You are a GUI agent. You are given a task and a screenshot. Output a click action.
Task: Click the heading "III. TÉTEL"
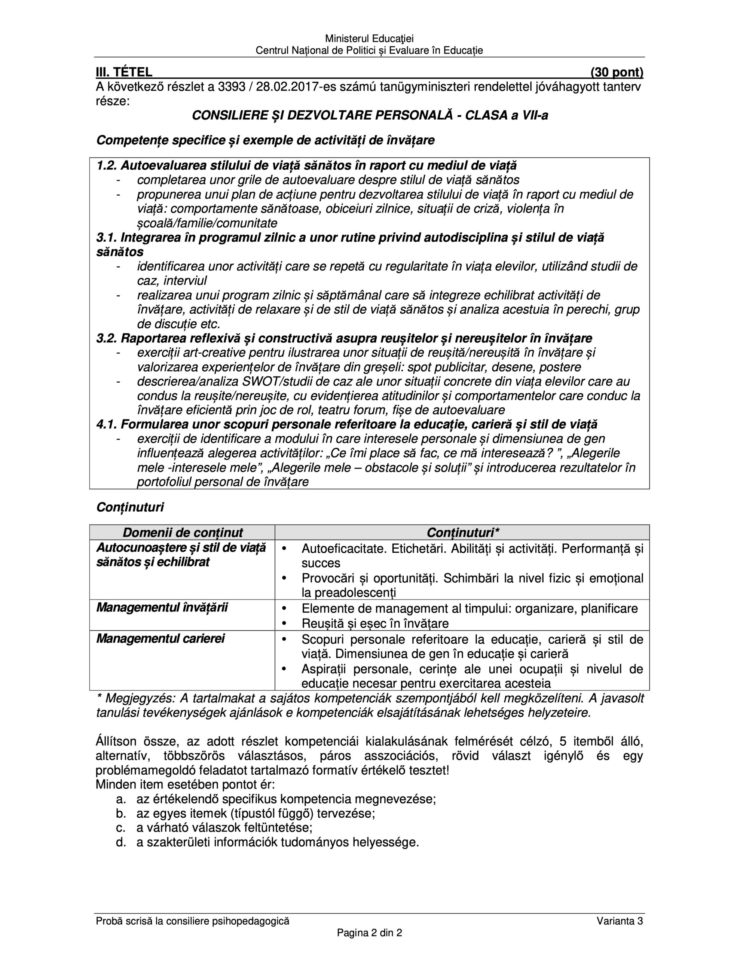click(x=124, y=72)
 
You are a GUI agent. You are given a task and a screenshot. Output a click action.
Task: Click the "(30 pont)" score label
click(x=617, y=72)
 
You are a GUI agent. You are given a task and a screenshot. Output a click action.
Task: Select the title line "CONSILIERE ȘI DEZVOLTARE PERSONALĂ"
click(x=370, y=115)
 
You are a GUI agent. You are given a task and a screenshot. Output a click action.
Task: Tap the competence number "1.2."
click(x=107, y=166)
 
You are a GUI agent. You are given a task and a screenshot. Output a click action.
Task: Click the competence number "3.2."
click(x=107, y=339)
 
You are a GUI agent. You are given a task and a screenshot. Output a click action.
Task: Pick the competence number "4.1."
click(x=107, y=425)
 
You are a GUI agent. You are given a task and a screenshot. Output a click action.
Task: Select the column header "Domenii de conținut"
click(x=183, y=533)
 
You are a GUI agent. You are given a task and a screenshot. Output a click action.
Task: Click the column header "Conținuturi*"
click(x=463, y=533)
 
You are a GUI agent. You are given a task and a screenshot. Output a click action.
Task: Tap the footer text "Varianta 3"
click(x=620, y=922)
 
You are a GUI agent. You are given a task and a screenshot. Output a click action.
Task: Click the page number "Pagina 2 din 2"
click(x=369, y=933)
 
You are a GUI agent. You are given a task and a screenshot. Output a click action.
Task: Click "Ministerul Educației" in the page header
click(x=369, y=39)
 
